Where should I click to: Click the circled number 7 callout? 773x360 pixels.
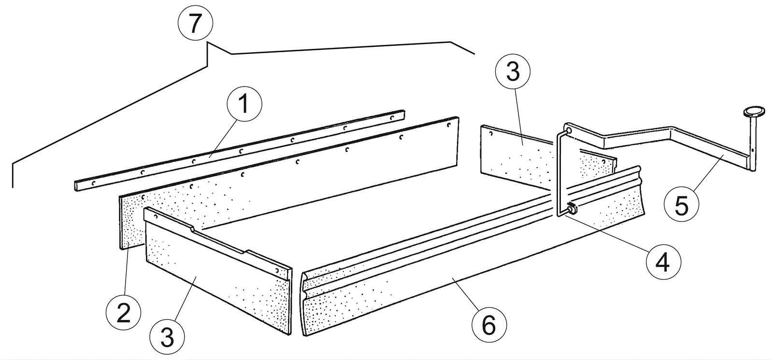pos(195,24)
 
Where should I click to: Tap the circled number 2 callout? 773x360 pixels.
pos(124,313)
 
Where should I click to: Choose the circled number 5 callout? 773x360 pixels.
pos(681,205)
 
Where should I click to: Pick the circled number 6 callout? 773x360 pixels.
pos(488,325)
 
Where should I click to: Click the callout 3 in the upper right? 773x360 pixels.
pos(513,72)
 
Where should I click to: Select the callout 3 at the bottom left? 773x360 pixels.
pos(167,337)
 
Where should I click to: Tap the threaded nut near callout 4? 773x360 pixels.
pos(572,209)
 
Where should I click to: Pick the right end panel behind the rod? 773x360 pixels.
pos(522,159)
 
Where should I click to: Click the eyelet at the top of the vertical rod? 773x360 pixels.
pos(568,130)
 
